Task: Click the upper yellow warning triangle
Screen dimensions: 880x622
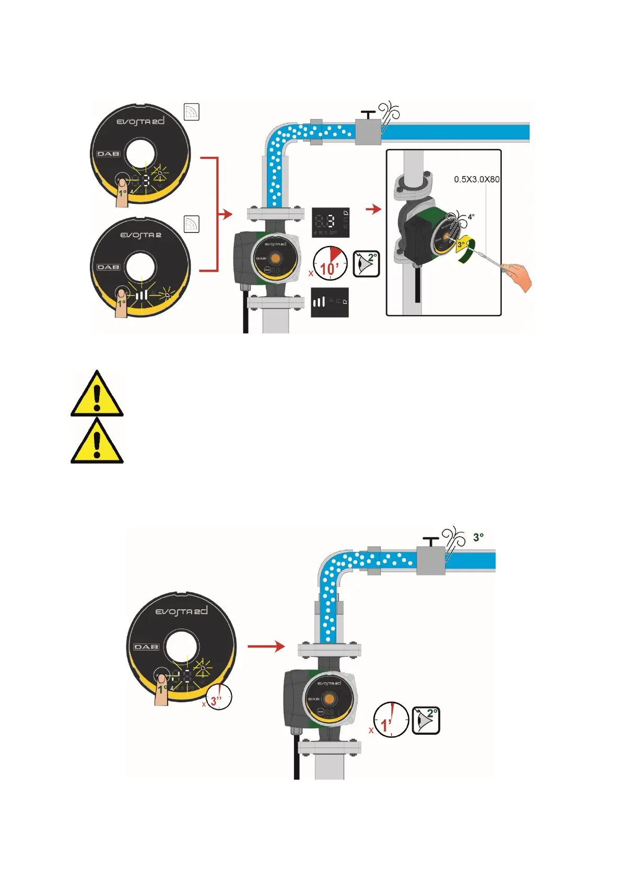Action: coord(97,395)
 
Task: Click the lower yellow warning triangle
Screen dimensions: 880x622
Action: coord(97,442)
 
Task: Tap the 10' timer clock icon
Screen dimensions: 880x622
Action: coord(330,263)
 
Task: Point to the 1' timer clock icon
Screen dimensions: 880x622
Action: coord(391,720)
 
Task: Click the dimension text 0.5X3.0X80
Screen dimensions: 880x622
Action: coord(476,179)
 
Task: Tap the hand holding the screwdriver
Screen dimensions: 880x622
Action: coord(518,276)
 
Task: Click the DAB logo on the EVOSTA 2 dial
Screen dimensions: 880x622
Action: coord(108,267)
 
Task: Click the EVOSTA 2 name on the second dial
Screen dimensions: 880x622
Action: coord(140,235)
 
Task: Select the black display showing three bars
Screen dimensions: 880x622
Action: coord(330,302)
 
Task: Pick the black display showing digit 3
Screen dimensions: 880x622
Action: coord(331,222)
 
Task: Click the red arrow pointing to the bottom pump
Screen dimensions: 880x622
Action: coord(266,646)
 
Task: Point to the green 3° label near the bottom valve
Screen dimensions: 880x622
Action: coord(478,537)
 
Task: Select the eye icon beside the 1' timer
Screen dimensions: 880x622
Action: coord(426,720)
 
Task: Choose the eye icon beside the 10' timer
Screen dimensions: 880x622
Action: coord(366,263)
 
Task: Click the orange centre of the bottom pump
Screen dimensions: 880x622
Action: coord(328,699)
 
